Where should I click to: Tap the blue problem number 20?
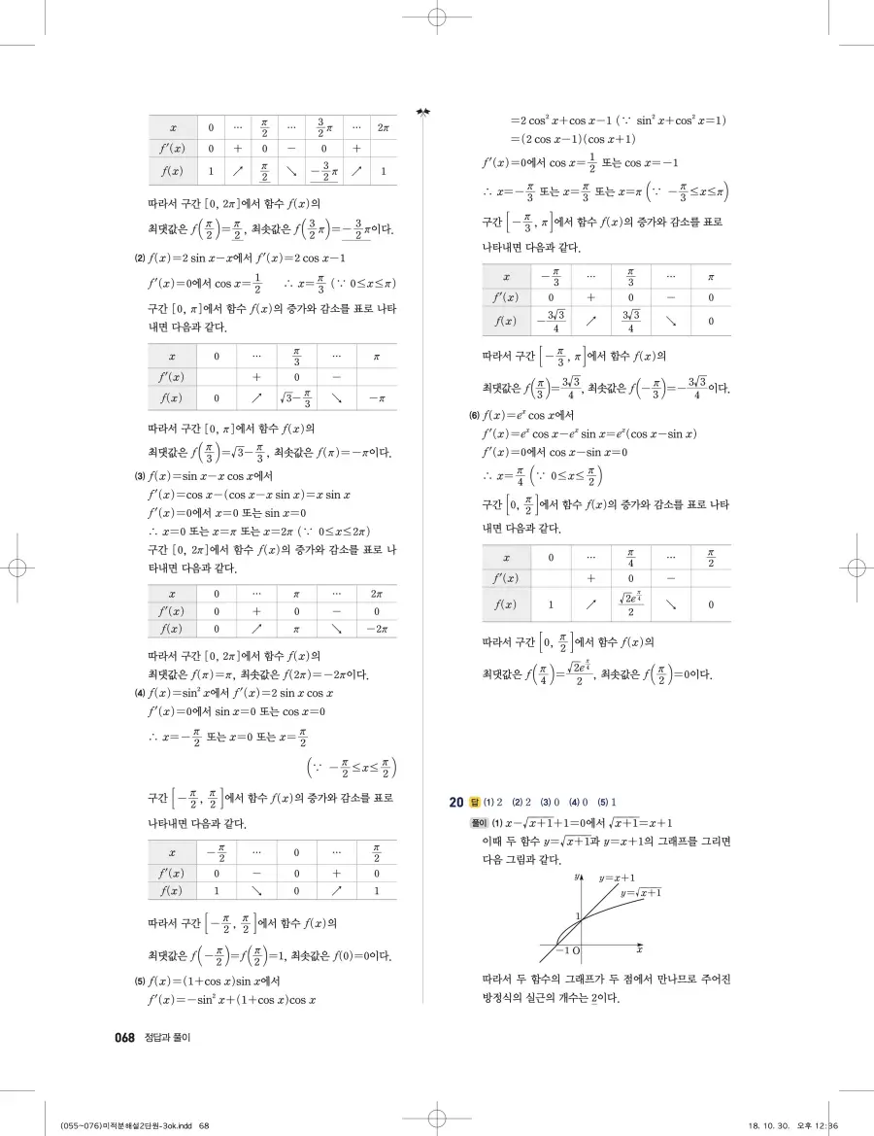(x=455, y=802)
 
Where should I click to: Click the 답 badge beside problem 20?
(x=475, y=802)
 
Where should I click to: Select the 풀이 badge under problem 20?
(x=475, y=822)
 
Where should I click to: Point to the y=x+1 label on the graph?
(x=617, y=878)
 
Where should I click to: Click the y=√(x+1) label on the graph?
(x=641, y=892)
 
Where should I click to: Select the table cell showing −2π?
(x=376, y=630)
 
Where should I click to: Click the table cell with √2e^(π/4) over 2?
(x=631, y=604)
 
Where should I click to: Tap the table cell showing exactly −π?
(x=376, y=398)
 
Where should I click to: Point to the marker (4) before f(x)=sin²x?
(x=140, y=694)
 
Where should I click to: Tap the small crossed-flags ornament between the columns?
(x=421, y=112)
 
